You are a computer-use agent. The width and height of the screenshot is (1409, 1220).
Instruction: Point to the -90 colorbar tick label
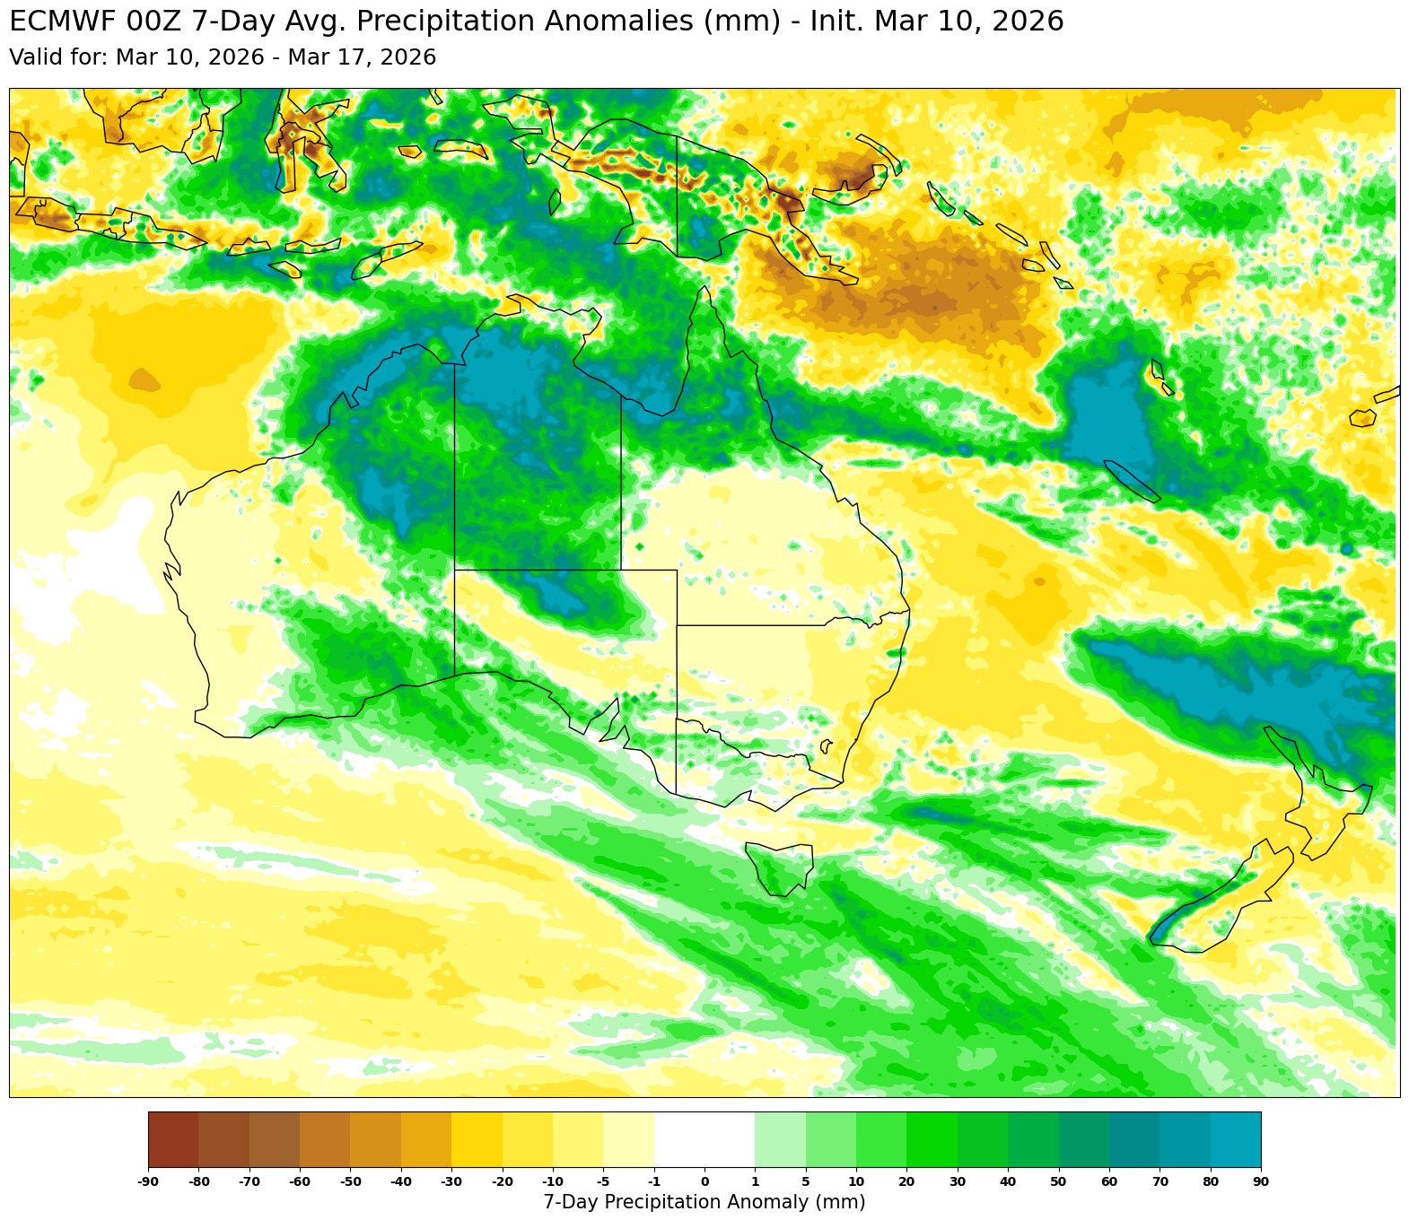pyautogui.click(x=148, y=1181)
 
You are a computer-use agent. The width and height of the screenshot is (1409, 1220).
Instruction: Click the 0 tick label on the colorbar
pyautogui.click(x=704, y=1181)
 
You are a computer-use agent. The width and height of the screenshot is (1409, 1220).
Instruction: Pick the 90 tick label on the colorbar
pyautogui.click(x=1260, y=1181)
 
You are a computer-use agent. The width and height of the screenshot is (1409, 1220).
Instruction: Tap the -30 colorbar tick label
pyautogui.click(x=451, y=1181)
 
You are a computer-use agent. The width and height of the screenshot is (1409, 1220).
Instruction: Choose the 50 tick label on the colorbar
pyautogui.click(x=1058, y=1181)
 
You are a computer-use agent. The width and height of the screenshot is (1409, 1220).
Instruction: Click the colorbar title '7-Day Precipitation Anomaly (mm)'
pyautogui.click(x=704, y=1202)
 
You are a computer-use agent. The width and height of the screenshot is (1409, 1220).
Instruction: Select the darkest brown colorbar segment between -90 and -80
pyautogui.click(x=173, y=1139)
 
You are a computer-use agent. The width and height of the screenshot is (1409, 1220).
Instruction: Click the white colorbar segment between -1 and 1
pyautogui.click(x=704, y=1139)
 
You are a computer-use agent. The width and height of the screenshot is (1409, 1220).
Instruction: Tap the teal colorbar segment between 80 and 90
pyautogui.click(x=1235, y=1139)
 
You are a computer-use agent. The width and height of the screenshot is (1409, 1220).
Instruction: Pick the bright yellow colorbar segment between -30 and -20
pyautogui.click(x=477, y=1139)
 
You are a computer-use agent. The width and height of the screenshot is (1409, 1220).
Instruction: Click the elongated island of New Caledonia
pyautogui.click(x=1132, y=481)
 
